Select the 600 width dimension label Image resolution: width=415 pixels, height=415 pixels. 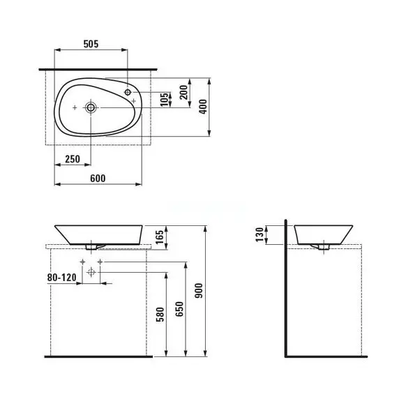pyautogui.click(x=98, y=178)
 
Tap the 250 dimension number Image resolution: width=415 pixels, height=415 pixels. pyautogui.click(x=72, y=159)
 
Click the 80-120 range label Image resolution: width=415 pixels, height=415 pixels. pyautogui.click(x=63, y=277)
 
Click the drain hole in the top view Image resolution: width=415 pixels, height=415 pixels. pyautogui.click(x=90, y=107)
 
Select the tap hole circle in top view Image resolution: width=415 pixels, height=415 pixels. pyautogui.click(x=129, y=92)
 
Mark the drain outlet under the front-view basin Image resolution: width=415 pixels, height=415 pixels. pyautogui.click(x=91, y=246)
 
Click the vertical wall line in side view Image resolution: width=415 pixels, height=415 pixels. pyautogui.click(x=285, y=293)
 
